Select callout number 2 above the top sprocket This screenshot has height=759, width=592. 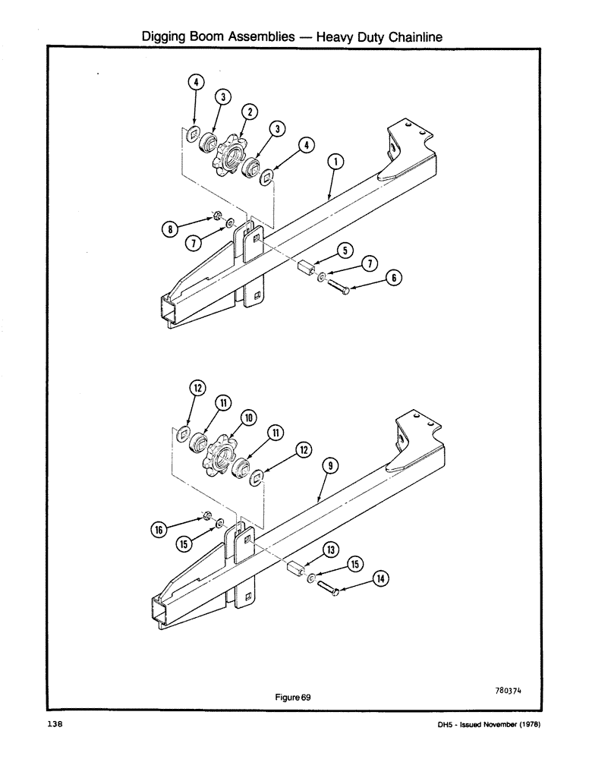(249, 112)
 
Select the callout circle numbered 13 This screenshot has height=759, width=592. (331, 550)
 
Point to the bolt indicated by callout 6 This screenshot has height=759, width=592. (338, 288)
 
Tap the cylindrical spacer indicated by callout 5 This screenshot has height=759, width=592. (306, 270)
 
